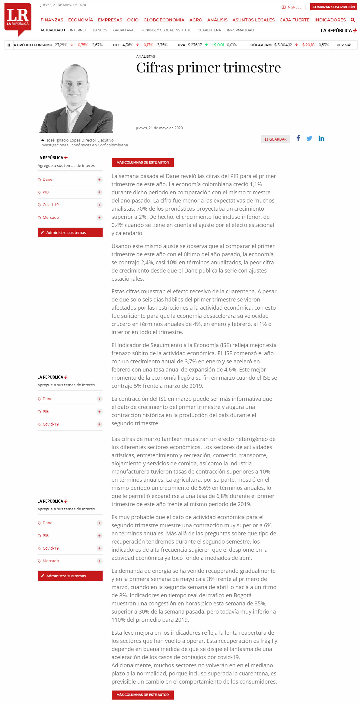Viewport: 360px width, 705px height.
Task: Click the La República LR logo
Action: click(x=18, y=18)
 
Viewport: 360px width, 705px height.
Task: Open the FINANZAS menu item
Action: click(x=52, y=20)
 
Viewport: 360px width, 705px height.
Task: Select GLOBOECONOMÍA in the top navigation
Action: click(x=164, y=20)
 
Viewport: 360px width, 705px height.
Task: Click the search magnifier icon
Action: click(x=352, y=20)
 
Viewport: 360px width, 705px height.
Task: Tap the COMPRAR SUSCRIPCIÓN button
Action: click(x=333, y=7)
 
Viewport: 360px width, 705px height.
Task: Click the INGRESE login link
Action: click(x=292, y=7)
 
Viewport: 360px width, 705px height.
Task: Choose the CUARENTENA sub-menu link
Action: click(x=209, y=30)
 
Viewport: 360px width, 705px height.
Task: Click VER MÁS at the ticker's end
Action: click(x=344, y=45)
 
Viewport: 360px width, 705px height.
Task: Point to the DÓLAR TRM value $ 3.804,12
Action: click(x=283, y=45)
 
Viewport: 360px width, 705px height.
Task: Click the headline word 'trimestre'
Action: click(x=252, y=67)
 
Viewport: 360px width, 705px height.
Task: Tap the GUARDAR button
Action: click(x=276, y=139)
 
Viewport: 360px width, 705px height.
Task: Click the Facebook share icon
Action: click(x=298, y=138)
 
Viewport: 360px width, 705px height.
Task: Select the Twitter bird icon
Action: click(x=309, y=139)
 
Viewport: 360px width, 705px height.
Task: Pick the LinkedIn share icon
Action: click(x=321, y=139)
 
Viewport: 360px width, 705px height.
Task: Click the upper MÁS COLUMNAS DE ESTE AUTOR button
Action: click(x=142, y=162)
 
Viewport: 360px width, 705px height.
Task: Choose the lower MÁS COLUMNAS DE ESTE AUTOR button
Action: click(x=142, y=695)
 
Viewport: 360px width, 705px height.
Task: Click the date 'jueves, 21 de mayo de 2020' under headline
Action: click(x=159, y=128)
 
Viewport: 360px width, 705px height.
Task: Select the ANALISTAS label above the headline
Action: click(x=145, y=56)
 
